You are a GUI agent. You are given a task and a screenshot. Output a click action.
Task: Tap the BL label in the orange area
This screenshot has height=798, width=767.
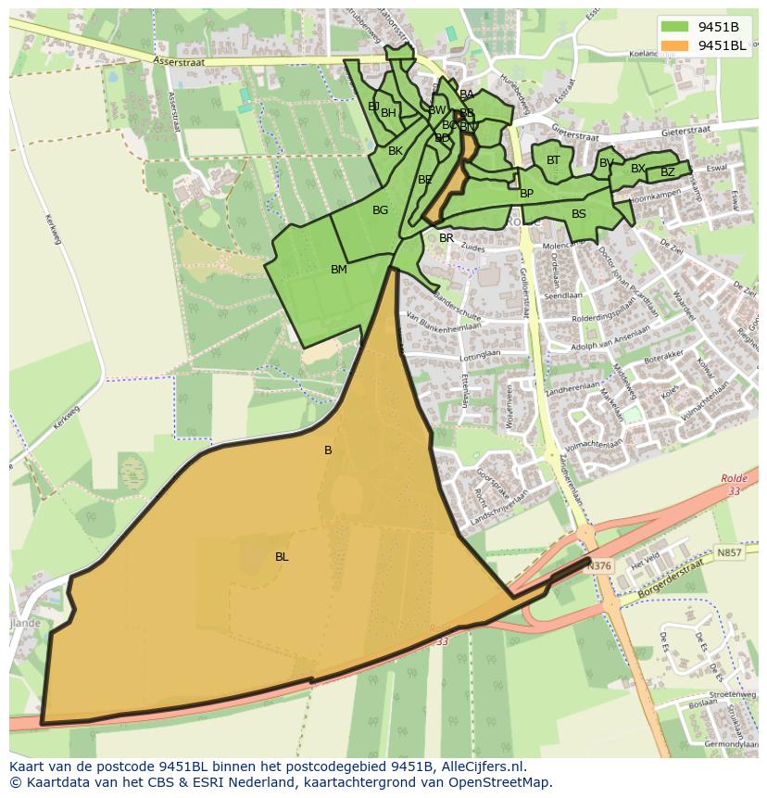tap(282, 557)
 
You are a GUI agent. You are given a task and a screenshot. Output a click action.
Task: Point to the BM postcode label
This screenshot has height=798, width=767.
tap(339, 270)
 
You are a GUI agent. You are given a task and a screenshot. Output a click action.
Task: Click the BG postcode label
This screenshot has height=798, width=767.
tap(380, 210)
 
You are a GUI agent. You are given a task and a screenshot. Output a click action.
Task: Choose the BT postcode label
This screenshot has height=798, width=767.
tap(553, 160)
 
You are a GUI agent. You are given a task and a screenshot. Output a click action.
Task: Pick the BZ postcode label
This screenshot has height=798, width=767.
tap(667, 172)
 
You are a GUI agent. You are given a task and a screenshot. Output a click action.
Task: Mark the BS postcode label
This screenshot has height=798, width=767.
tap(579, 214)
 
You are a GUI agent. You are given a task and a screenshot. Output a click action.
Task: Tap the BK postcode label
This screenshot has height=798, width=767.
tap(396, 151)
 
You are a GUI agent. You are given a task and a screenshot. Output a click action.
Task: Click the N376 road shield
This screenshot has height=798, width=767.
tap(600, 566)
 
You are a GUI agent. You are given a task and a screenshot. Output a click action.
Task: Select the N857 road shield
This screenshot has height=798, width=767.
tap(729, 552)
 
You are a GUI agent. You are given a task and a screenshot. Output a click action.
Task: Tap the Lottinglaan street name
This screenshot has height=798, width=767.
tap(480, 356)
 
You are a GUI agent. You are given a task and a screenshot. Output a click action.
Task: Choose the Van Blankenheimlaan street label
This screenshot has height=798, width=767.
tap(443, 320)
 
